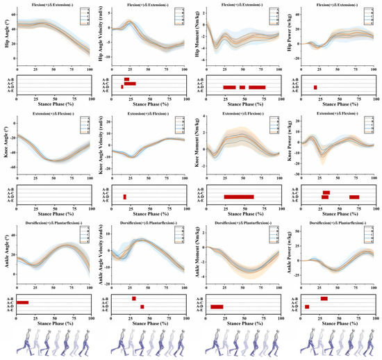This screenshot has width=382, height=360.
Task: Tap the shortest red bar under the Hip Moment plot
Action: point(242,88)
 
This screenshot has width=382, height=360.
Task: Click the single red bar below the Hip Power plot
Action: point(315,88)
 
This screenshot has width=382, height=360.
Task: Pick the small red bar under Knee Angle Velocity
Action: point(125,197)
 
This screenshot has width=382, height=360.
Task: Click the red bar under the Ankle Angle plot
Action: point(22,302)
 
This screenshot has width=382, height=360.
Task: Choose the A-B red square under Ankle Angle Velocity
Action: point(134,298)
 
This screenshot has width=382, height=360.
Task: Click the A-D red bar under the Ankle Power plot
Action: point(307,306)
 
